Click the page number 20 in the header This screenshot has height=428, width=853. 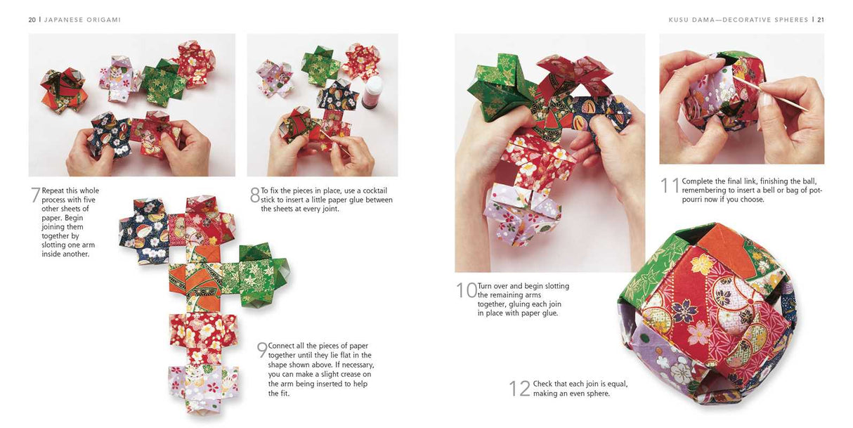click(x=32, y=20)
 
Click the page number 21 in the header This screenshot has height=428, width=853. click(x=820, y=20)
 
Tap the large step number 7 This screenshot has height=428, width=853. click(x=35, y=196)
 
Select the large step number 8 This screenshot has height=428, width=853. click(x=254, y=196)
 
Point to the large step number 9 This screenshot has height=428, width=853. click(x=261, y=351)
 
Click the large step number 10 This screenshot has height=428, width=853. click(x=466, y=291)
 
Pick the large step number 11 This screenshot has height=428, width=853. click(x=670, y=186)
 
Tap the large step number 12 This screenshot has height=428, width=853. click(x=519, y=389)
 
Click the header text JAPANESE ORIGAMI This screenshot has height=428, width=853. click(x=82, y=20)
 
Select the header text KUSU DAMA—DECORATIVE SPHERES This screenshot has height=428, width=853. click(x=738, y=20)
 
